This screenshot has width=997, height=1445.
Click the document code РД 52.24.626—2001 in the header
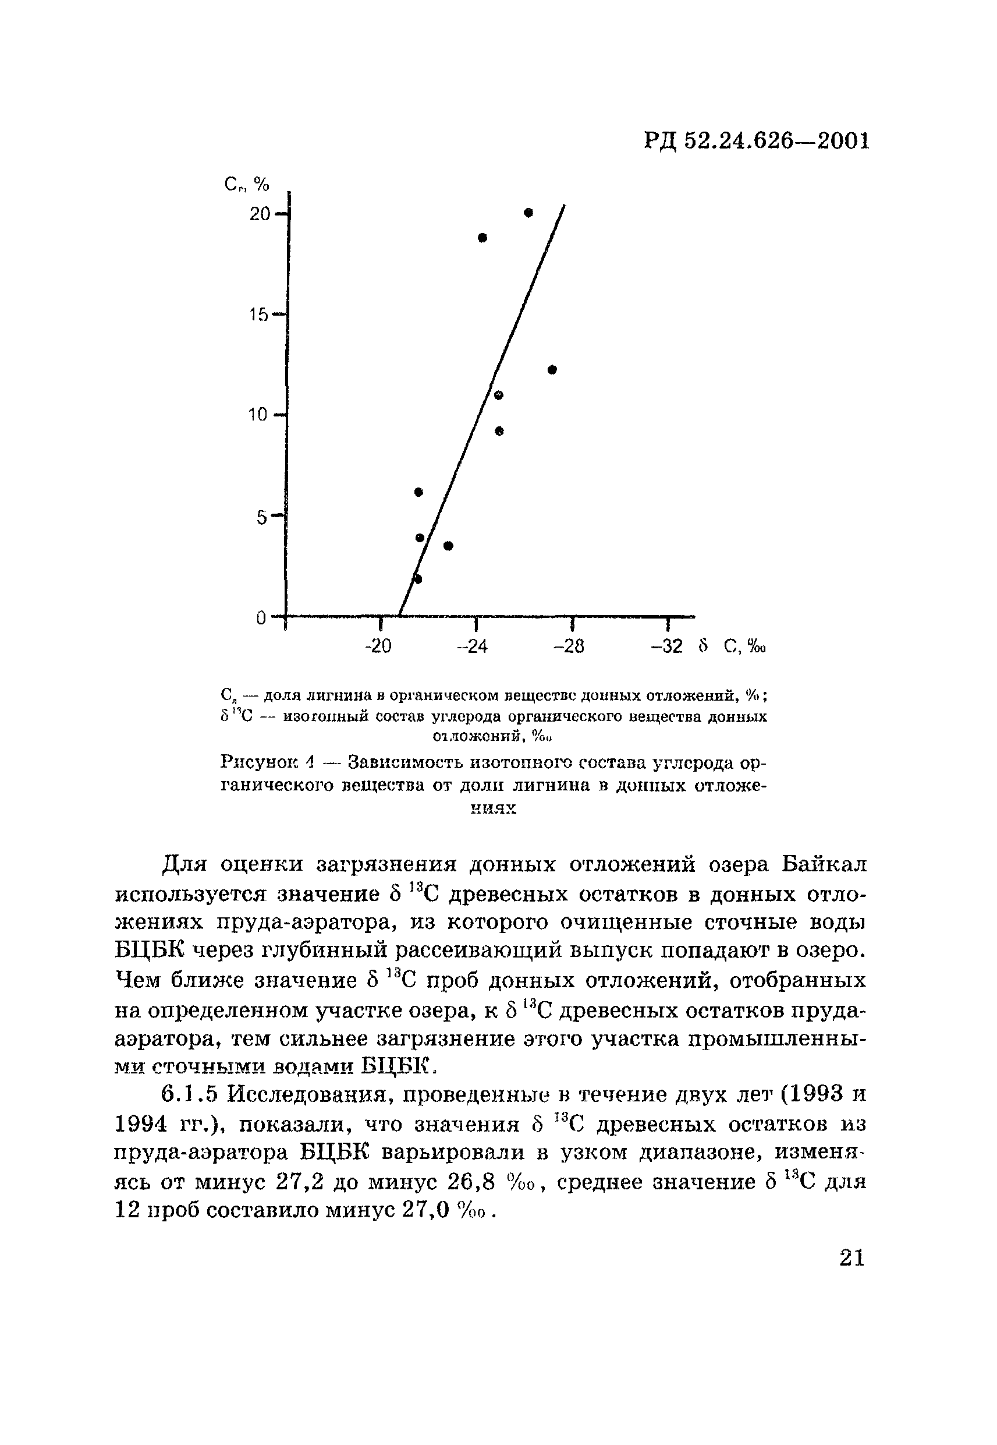click(x=756, y=142)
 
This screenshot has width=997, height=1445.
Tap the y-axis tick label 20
click(x=259, y=214)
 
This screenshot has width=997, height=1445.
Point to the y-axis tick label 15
click(x=258, y=315)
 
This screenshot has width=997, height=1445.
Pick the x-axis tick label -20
click(x=377, y=646)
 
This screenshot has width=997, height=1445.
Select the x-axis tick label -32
click(x=666, y=646)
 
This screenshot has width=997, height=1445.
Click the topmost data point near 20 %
click(x=528, y=213)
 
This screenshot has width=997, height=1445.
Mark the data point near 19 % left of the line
click(x=482, y=238)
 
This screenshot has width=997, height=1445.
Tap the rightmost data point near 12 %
click(x=552, y=369)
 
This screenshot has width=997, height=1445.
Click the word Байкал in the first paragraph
click(x=824, y=864)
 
